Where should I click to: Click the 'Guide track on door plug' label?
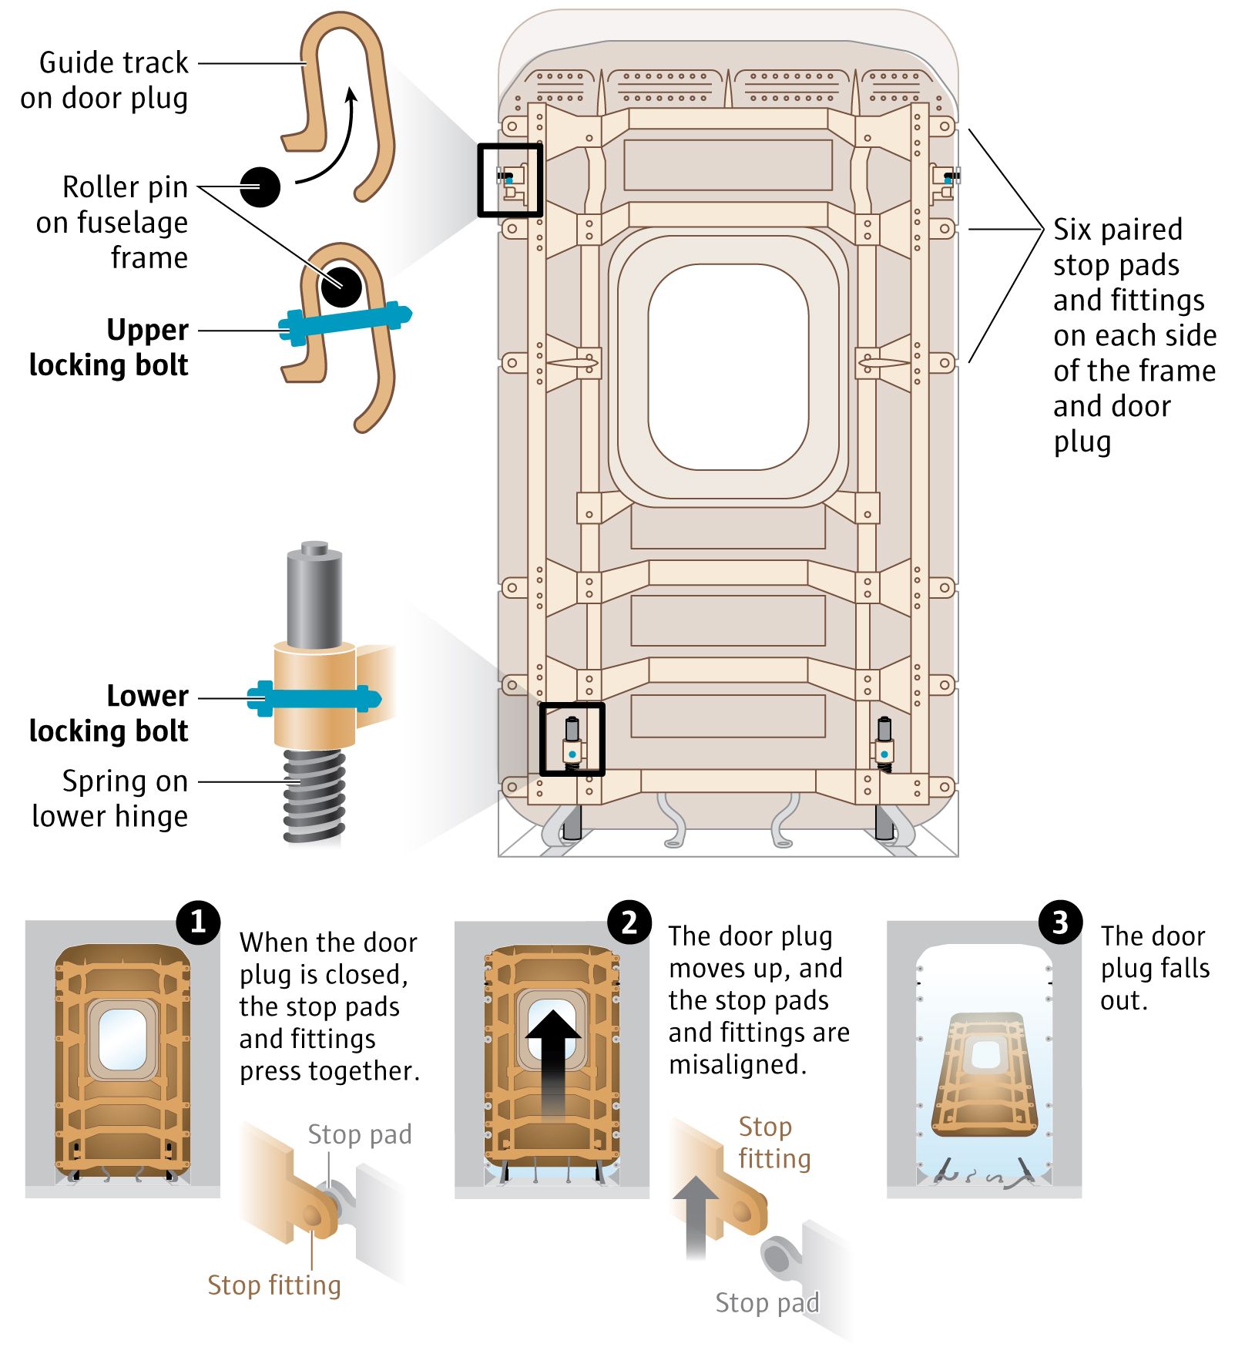click(105, 80)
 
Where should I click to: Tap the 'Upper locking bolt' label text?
click(109, 348)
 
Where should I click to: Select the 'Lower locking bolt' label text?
click(109, 713)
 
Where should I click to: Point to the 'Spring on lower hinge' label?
click(110, 798)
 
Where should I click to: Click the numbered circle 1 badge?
click(198, 922)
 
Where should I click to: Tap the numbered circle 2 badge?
click(629, 922)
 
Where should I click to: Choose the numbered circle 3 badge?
click(1060, 922)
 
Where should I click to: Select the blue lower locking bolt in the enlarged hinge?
click(313, 699)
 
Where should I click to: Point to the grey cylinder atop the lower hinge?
click(314, 593)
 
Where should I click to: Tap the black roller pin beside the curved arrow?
click(260, 186)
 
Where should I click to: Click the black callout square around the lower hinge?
click(572, 705)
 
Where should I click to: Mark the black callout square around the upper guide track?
click(510, 146)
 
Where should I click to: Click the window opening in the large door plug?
click(728, 366)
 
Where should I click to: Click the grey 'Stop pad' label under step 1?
click(359, 1134)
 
